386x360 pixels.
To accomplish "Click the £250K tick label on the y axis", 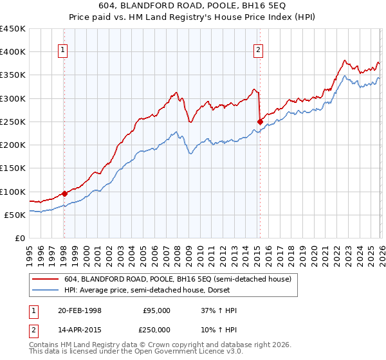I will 13,122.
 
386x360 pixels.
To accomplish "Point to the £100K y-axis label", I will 13,192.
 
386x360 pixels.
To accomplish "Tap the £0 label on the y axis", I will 19,238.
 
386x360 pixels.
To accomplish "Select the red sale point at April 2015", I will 260,122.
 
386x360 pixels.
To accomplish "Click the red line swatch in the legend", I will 45,279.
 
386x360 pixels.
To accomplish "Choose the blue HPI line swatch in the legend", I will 45,290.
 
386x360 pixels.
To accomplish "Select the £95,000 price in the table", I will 156,310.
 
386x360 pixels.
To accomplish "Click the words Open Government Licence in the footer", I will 172,353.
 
